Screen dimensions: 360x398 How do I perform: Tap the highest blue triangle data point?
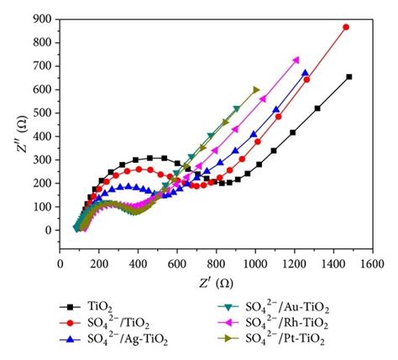pos(306,73)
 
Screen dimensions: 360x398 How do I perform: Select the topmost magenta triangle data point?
pos(296,60)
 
